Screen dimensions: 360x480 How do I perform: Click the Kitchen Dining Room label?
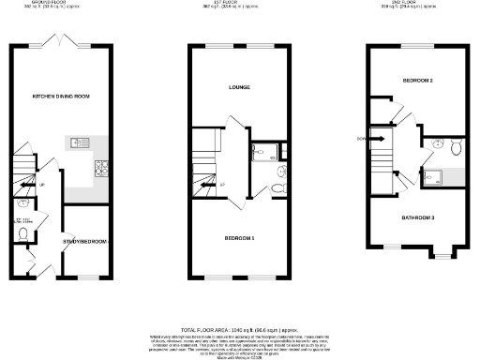[59, 96]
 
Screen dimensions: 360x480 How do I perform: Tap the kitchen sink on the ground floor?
[78, 143]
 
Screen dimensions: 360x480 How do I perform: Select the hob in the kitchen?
[99, 169]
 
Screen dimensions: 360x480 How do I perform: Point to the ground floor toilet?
[22, 203]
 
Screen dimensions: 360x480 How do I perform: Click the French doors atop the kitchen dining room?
[61, 43]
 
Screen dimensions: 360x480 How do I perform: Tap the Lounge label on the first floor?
[239, 88]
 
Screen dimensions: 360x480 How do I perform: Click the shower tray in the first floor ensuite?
[261, 155]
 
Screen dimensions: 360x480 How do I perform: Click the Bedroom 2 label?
[417, 81]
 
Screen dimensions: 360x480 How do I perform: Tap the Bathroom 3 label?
[418, 217]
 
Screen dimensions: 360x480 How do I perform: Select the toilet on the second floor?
[455, 146]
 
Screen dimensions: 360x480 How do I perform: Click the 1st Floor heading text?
[239, 3]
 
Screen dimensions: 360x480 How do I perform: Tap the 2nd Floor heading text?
[417, 3]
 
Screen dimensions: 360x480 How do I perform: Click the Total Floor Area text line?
[239, 331]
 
